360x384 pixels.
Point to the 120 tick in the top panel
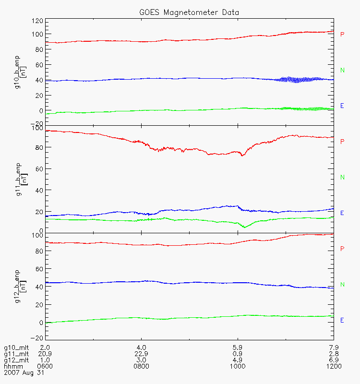click(37, 21)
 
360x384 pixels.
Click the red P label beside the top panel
click(342, 34)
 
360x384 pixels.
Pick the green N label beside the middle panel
click(342, 177)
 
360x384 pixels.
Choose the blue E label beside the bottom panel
click(342, 320)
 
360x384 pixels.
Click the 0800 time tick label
click(142, 366)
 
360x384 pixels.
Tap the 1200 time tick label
click(333, 366)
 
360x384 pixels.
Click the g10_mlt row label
click(16, 347)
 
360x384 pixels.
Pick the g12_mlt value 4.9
click(238, 360)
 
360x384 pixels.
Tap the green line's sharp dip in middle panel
click(244, 227)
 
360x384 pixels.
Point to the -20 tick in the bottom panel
click(37, 337)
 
